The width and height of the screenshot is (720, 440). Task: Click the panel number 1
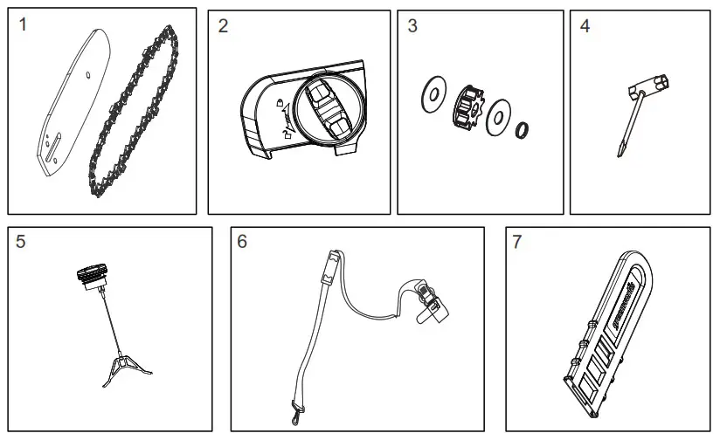pyautogui.click(x=23, y=25)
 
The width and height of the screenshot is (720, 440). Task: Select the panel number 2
pyautogui.click(x=223, y=25)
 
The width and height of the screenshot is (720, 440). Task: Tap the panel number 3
pyautogui.click(x=412, y=25)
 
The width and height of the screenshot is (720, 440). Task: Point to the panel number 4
pyautogui.click(x=585, y=25)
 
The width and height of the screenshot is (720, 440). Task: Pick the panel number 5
pyautogui.click(x=21, y=242)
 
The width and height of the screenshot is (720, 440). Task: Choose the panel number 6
pyautogui.click(x=242, y=242)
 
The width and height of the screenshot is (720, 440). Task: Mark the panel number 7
pyautogui.click(x=517, y=242)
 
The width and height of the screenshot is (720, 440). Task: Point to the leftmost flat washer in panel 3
pyautogui.click(x=431, y=93)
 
